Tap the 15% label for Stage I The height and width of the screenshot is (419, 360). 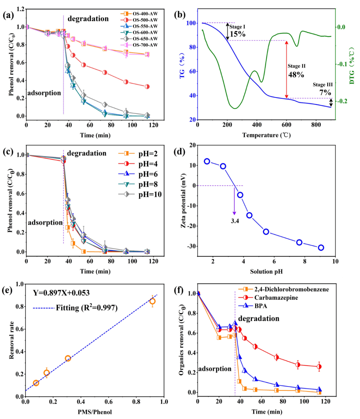pos(238,34)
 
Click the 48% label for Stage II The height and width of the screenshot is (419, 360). pos(296,75)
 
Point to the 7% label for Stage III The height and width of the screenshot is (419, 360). pos(325,92)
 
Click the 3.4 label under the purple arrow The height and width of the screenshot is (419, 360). pos(235,221)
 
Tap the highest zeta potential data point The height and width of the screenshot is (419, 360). pos(207,161)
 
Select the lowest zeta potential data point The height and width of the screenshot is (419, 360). pos(321,247)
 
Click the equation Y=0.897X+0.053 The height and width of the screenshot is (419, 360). pos(61,293)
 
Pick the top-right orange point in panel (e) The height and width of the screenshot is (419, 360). pos(152,301)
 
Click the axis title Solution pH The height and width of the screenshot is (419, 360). pos(266,271)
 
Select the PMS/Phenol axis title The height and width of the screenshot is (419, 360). pos(95,412)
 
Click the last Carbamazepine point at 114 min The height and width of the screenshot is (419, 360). pos(319,367)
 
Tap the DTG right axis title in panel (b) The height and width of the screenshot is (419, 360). pos(352,65)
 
